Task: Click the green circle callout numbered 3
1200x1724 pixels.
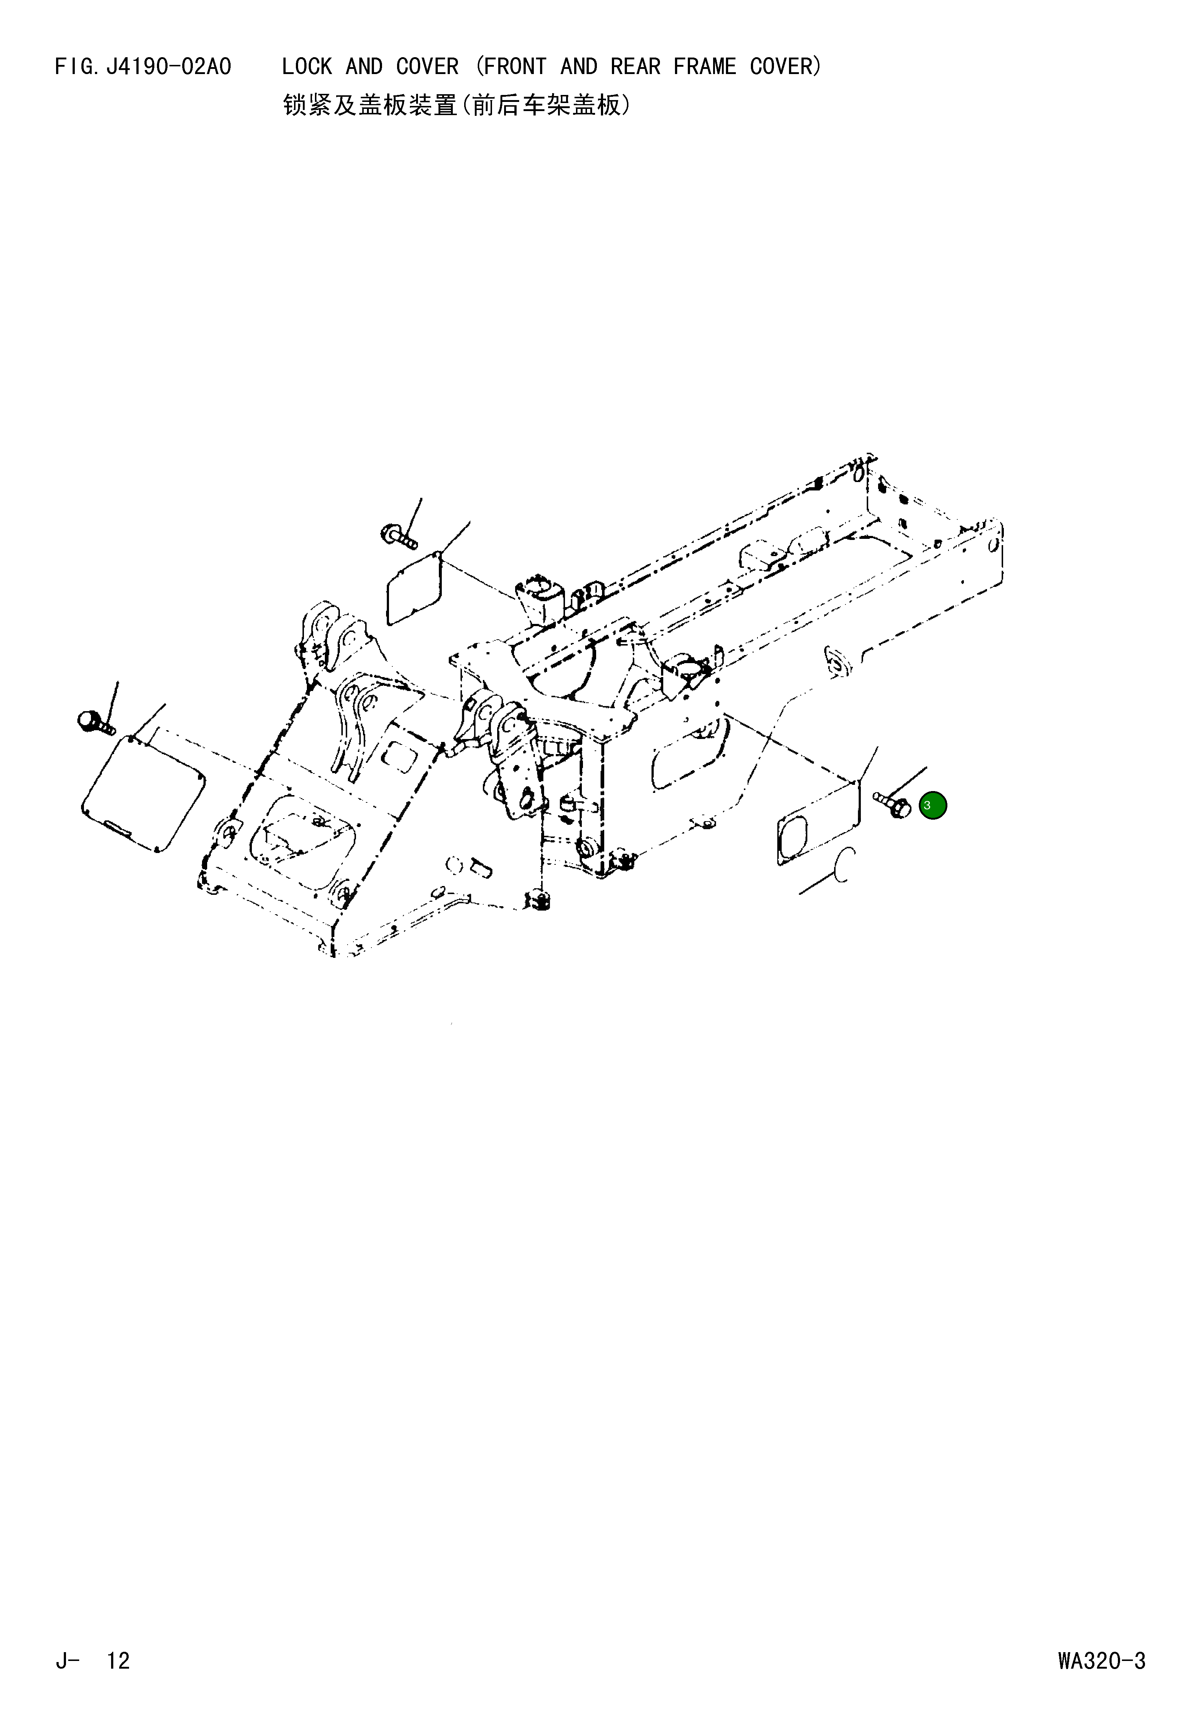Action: click(933, 805)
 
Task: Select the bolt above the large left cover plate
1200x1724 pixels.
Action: click(95, 721)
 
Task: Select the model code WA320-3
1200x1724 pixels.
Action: click(1101, 1661)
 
